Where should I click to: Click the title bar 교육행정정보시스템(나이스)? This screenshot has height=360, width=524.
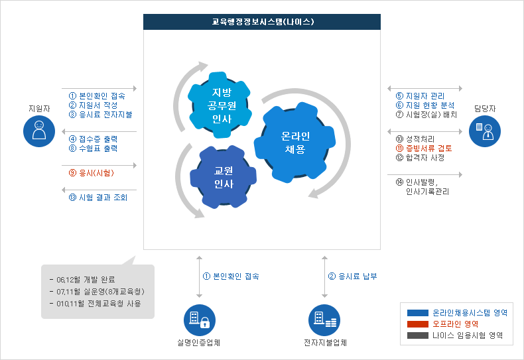click(263, 22)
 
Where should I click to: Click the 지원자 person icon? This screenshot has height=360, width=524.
click(38, 131)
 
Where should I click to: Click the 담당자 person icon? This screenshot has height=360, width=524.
click(485, 131)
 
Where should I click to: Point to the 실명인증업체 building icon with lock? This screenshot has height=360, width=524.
click(199, 320)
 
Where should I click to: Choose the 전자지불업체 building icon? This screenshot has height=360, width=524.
click(324, 320)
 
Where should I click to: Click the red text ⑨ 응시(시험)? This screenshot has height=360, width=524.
click(92, 173)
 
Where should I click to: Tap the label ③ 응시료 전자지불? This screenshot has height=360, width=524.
click(100, 114)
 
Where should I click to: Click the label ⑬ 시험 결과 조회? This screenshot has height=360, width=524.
click(98, 198)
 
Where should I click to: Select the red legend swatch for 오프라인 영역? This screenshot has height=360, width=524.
click(417, 324)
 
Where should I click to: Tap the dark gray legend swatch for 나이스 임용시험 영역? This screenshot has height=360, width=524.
click(417, 336)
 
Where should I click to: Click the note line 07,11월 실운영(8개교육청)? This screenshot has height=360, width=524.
click(97, 292)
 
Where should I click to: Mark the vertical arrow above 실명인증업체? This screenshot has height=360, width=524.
click(199, 276)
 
